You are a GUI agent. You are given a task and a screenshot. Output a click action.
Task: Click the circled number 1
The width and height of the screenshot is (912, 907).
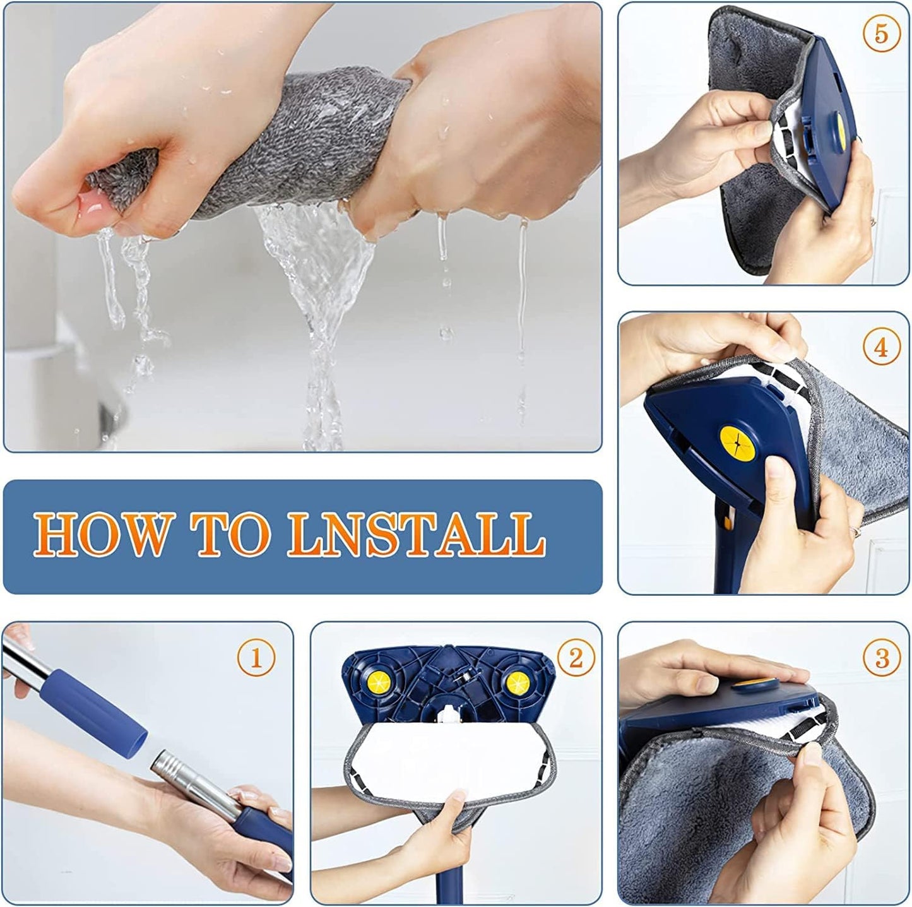(256, 658)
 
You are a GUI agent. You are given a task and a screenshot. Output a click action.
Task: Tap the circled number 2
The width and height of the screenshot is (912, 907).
(575, 658)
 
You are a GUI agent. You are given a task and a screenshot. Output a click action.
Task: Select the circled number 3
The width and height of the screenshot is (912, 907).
(882, 658)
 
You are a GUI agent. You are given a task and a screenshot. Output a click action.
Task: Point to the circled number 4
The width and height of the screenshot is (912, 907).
(881, 348)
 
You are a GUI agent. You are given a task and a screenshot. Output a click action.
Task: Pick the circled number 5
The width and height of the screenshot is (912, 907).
(881, 34)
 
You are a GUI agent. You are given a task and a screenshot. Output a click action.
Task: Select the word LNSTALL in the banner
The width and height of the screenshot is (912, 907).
(417, 534)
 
